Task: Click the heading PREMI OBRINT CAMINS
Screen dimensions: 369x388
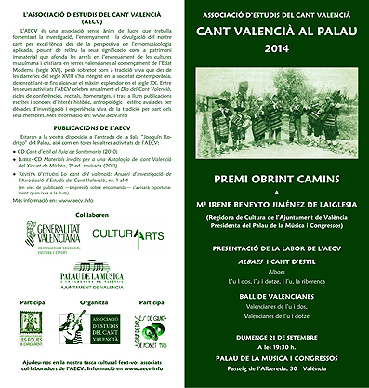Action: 276,191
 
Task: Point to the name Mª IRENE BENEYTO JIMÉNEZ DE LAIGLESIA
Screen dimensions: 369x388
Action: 276,217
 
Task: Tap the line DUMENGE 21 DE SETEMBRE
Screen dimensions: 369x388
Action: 276,339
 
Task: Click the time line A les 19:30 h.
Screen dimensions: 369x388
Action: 276,349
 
